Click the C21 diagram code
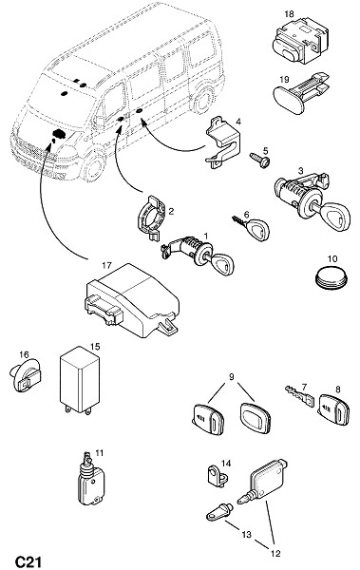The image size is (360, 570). coord(28,561)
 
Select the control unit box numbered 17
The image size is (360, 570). coord(132,300)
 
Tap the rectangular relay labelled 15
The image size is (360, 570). coord(79,380)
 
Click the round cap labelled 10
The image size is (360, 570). coord(331,279)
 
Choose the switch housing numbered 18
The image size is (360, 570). coord(300,41)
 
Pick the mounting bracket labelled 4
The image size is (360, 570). coord(223,142)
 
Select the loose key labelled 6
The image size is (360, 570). coord(252,228)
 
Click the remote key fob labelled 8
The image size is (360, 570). coord(334,409)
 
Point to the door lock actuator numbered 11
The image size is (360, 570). coord(90,479)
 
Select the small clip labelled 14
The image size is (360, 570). coord(218,476)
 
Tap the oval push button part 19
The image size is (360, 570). coord(301,94)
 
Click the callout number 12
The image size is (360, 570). coord(275,554)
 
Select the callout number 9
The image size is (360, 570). coord(231,377)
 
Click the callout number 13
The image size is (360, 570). coord(246,534)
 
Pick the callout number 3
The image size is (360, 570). coord(300,170)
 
